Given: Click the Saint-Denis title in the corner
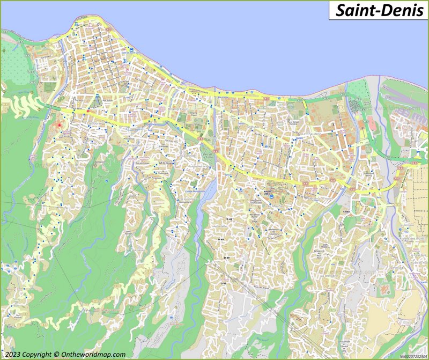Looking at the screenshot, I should [x=379, y=10].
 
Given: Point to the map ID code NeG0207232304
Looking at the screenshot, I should [x=413, y=356].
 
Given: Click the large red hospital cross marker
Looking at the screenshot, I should [x=59, y=125].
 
